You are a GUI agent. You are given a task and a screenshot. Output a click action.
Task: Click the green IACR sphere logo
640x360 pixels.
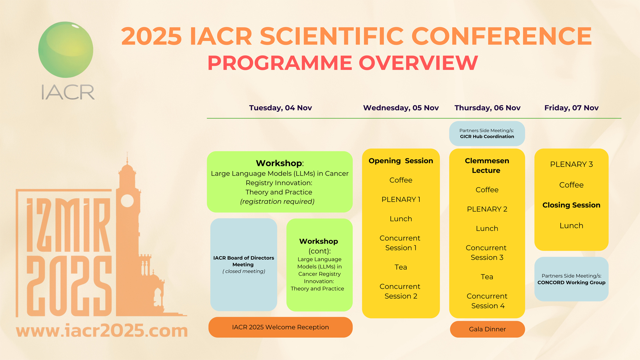pyautogui.click(x=66, y=50)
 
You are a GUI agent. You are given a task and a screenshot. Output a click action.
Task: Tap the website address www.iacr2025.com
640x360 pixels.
pyautogui.click(x=102, y=330)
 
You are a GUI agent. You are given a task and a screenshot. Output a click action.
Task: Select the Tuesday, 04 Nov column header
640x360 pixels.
pyautogui.click(x=280, y=108)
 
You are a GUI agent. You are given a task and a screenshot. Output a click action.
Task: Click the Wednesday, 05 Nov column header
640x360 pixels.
pyautogui.click(x=401, y=108)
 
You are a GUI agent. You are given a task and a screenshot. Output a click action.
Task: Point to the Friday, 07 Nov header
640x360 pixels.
pyautogui.click(x=571, y=108)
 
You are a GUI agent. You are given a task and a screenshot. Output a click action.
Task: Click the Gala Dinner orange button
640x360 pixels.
pyautogui.click(x=487, y=329)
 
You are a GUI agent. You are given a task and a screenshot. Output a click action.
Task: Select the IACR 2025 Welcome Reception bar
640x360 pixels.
pyautogui.click(x=280, y=327)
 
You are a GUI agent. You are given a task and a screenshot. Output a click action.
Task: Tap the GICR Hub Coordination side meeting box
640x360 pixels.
pyautogui.click(x=487, y=133)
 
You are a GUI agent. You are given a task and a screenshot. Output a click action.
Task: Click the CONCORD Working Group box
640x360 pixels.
pyautogui.click(x=571, y=279)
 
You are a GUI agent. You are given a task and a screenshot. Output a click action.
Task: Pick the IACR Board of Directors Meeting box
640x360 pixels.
pyautogui.click(x=244, y=265)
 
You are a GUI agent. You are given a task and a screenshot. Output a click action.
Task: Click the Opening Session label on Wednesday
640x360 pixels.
pyautogui.click(x=401, y=161)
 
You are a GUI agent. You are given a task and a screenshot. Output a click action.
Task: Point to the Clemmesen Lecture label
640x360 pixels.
pyautogui.click(x=487, y=166)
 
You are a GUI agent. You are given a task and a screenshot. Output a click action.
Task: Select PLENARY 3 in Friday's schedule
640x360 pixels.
pyautogui.click(x=571, y=164)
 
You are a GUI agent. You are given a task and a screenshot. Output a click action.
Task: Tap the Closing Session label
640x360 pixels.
pyautogui.click(x=571, y=205)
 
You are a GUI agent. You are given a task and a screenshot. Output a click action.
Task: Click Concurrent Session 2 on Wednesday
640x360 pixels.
pyautogui.click(x=400, y=291)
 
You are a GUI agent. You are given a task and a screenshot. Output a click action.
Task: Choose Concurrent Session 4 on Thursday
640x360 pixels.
pyautogui.click(x=487, y=301)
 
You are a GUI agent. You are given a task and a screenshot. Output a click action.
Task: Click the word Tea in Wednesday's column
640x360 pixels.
pyautogui.click(x=401, y=267)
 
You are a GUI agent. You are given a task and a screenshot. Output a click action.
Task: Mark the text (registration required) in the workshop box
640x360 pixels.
pyautogui.click(x=277, y=201)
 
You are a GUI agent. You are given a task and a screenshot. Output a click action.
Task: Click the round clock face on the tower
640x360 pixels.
pyautogui.click(x=127, y=201)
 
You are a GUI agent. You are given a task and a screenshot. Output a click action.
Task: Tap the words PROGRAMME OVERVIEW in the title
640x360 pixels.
pyautogui.click(x=343, y=63)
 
